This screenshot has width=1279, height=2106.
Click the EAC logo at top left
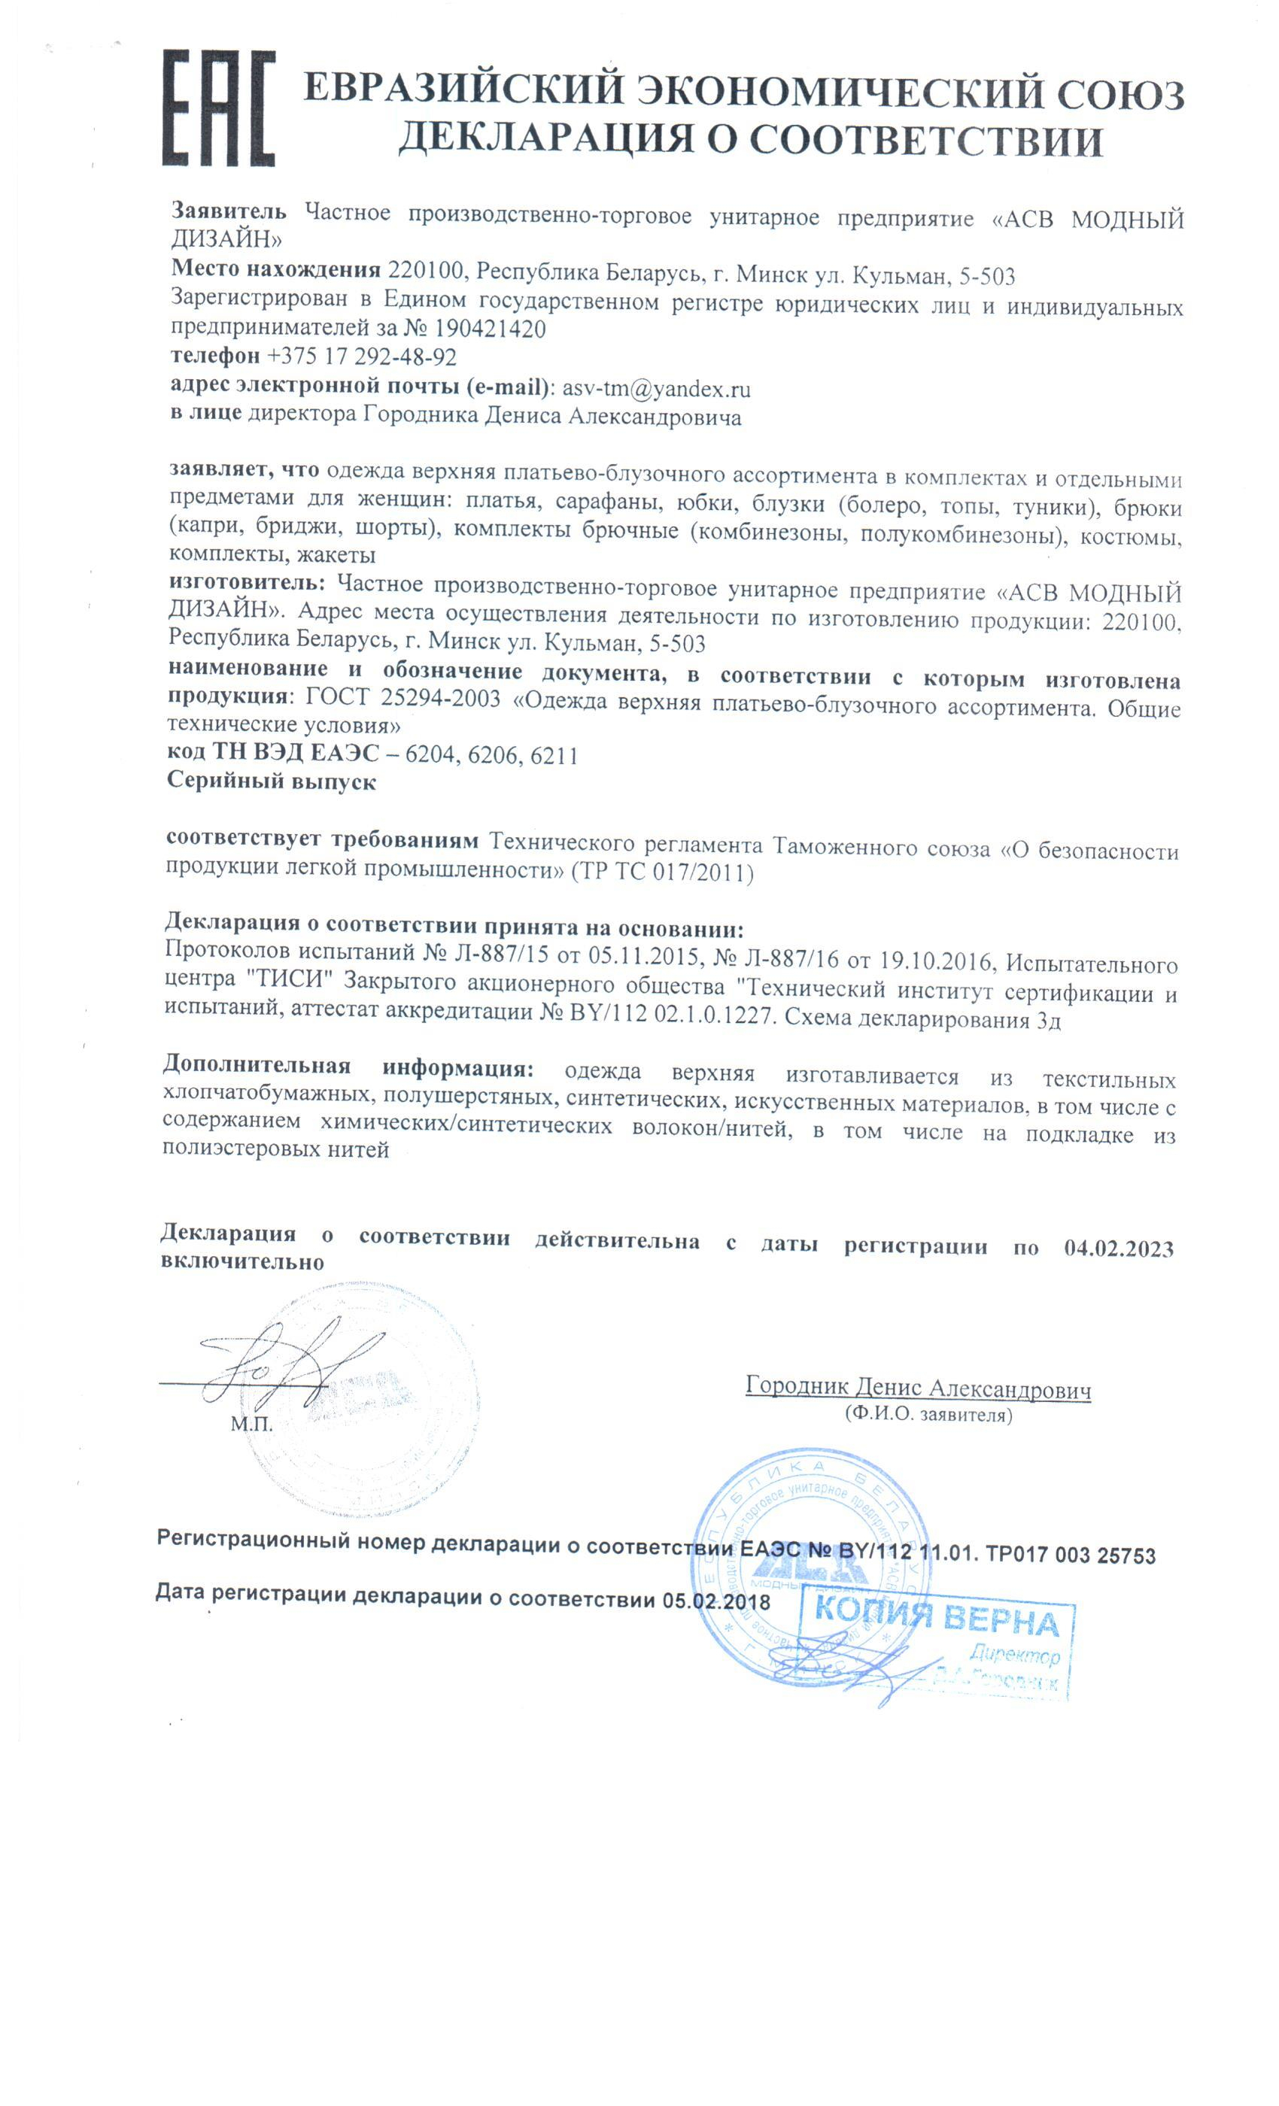tap(219, 108)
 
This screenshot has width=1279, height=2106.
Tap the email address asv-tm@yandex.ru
tap(656, 389)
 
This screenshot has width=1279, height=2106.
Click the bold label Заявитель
tap(229, 211)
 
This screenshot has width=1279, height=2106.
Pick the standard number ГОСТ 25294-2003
tap(403, 697)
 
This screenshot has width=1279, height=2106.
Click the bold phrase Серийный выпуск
tap(271, 781)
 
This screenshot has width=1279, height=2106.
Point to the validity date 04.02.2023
tap(1118, 1249)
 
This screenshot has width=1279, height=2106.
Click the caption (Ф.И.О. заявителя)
tap(928, 1416)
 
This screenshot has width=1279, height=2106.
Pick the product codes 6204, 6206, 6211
tap(491, 754)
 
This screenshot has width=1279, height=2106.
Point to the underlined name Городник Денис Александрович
tap(917, 1388)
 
